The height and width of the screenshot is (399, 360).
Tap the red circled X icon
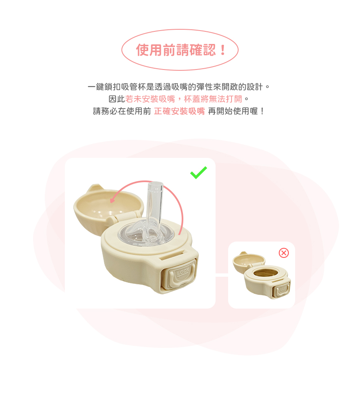point(284,253)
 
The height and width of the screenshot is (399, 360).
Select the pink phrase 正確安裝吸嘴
point(179,111)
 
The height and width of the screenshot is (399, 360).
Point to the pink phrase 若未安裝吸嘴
point(150,99)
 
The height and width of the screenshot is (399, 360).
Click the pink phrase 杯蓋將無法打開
point(213,99)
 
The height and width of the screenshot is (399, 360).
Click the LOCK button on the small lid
point(282,289)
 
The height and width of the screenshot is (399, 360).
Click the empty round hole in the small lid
point(266,273)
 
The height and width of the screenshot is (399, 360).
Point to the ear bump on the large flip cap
point(95,188)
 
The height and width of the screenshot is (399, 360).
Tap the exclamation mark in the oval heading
point(223,50)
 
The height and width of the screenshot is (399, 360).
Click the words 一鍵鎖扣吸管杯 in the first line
point(116,87)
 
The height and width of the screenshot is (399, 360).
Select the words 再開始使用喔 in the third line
point(233,111)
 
